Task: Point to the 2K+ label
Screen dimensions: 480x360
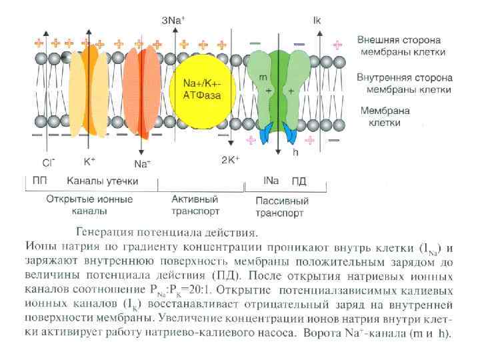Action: pyautogui.click(x=230, y=160)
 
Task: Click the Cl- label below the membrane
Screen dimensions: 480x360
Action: pyautogui.click(x=49, y=162)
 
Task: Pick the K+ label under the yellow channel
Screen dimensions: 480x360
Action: pyautogui.click(x=90, y=161)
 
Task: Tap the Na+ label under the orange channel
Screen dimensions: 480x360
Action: pyautogui.click(x=142, y=163)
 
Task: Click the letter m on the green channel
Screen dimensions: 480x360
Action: pyautogui.click(x=263, y=77)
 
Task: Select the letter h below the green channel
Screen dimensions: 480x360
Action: pyautogui.click(x=295, y=151)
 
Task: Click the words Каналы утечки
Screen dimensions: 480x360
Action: pyautogui.click(x=102, y=181)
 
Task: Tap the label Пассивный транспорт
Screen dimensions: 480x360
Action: pyautogui.click(x=282, y=207)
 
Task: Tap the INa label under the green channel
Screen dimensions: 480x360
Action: pyautogui.click(x=271, y=181)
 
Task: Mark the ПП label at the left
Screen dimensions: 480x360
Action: pyautogui.click(x=39, y=181)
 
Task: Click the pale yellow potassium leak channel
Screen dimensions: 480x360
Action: pyautogui.click(x=88, y=87)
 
